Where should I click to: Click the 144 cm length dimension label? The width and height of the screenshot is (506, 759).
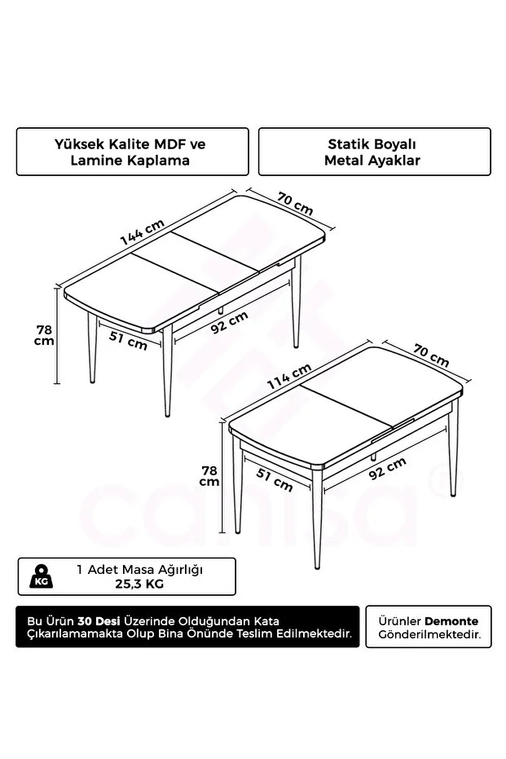pos(142,233)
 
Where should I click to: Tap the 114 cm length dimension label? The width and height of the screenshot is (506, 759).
pos(288,377)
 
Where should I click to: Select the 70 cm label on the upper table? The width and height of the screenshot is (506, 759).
pos(294,203)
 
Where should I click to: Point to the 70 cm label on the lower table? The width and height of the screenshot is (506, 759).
pos(429,355)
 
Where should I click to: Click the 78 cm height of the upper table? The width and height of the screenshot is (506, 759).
pos(44,335)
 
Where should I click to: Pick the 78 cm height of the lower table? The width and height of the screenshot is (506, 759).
pos(209,475)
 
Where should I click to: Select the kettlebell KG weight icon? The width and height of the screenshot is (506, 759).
pos(42,577)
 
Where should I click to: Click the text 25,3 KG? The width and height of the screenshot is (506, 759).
pos(139,584)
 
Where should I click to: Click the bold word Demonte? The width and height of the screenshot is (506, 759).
pos(457,620)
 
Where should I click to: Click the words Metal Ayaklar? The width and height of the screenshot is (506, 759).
pos(372,161)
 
